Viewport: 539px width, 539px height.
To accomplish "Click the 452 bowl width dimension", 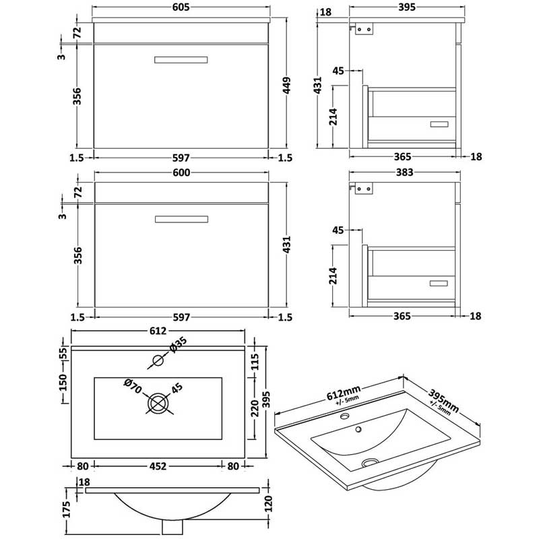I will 158,464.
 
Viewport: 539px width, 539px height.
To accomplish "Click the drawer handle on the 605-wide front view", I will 181,60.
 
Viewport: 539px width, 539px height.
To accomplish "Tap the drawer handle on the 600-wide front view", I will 181,218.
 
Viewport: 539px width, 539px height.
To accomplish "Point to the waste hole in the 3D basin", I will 369,463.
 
